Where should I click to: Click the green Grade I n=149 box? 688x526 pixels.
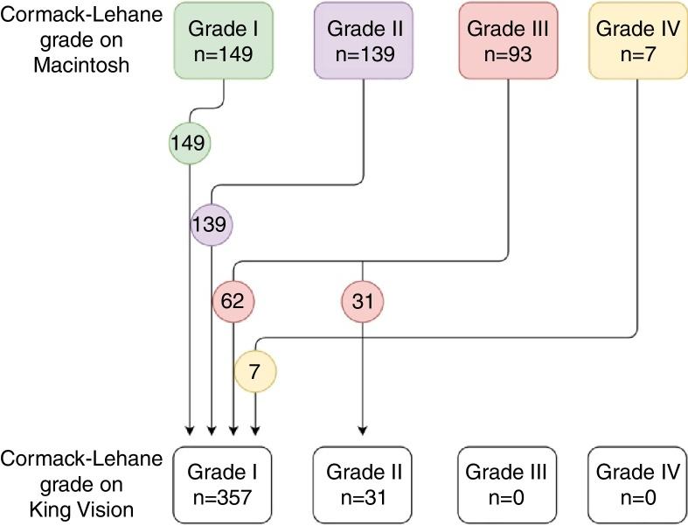pos(226,41)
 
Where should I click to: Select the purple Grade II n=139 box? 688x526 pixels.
pos(364,41)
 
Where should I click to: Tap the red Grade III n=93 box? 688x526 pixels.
pos(507,41)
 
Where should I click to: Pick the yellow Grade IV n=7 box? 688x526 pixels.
pos(637,41)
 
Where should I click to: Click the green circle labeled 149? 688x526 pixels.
pos(190,142)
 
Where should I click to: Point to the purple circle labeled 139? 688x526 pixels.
pos(212,225)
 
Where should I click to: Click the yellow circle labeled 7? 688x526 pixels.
pos(254,372)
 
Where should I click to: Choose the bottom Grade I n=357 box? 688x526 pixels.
pos(223,484)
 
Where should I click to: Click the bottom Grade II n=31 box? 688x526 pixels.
pos(364,484)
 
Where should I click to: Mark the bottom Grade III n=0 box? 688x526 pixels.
pos(506,484)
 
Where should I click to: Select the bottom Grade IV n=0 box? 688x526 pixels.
pos(636,484)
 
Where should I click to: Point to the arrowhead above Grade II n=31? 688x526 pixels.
pos(363,431)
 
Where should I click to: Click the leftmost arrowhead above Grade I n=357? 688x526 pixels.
pos(190,431)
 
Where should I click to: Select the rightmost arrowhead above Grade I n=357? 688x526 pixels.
pos(254,431)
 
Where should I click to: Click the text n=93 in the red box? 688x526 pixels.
pos(507,53)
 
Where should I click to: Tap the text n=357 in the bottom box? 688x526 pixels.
pos(223,496)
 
